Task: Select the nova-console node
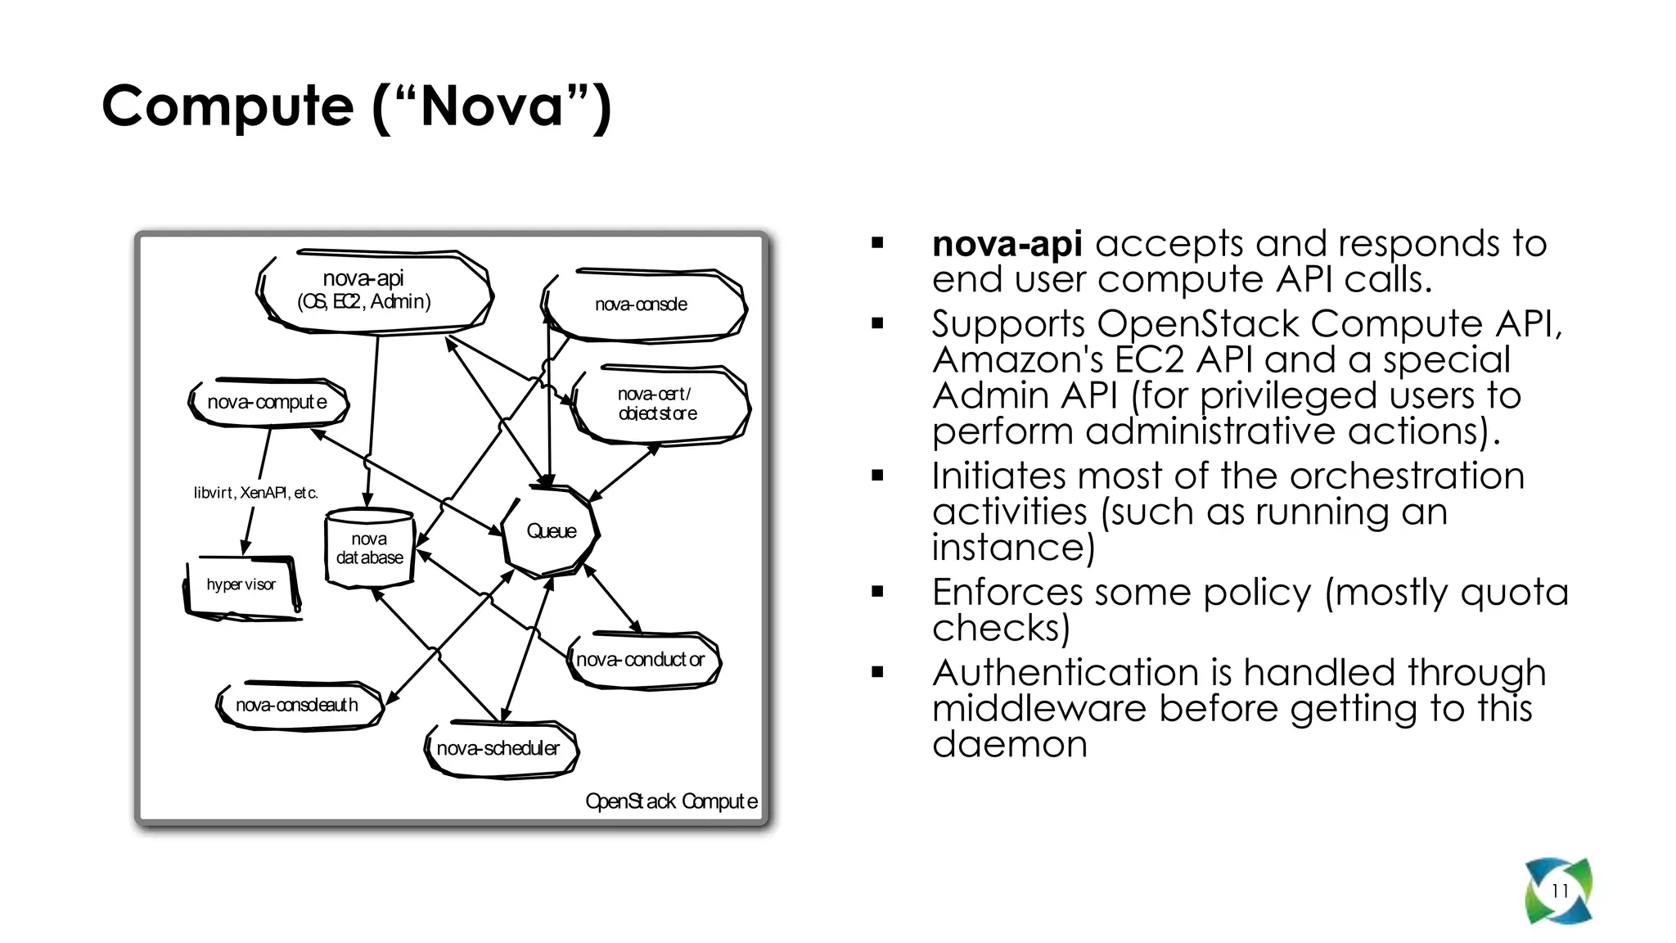point(642,305)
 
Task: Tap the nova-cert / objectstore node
point(659,404)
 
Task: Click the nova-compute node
point(268,402)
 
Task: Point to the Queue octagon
point(551,531)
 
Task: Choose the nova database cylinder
point(370,548)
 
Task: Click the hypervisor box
point(241,585)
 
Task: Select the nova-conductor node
point(642,660)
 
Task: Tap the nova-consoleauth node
point(298,705)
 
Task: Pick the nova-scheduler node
point(498,748)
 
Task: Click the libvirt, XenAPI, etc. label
point(255,493)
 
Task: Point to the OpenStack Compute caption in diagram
point(671,801)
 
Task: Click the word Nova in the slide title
point(492,106)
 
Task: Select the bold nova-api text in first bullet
point(1007,244)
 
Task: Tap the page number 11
point(1560,891)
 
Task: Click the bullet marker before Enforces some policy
point(878,592)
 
